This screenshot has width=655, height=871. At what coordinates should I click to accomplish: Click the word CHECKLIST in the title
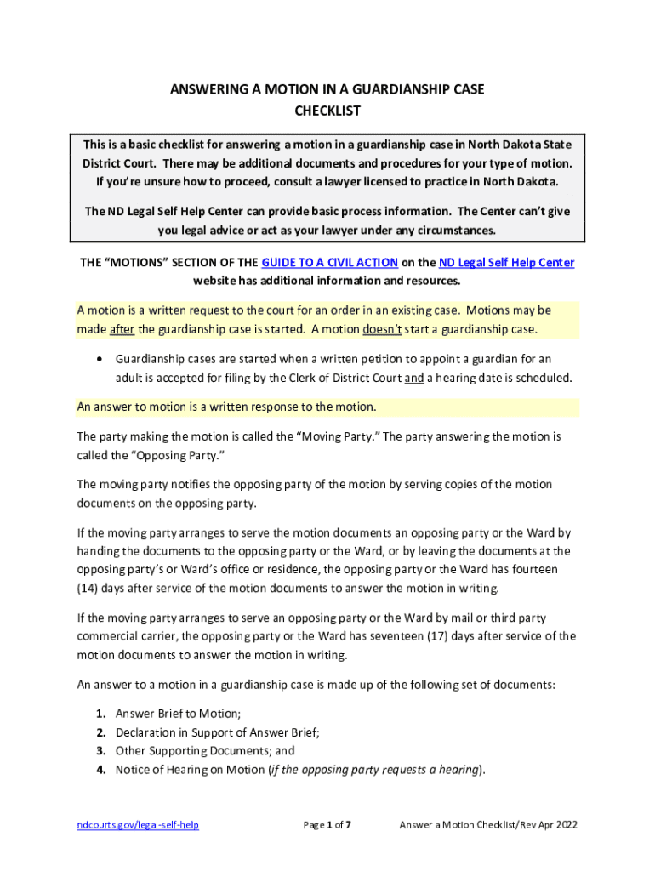pos(327,111)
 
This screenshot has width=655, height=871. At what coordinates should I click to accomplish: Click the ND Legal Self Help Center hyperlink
pos(506,263)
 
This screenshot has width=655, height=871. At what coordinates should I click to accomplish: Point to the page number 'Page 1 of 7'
pos(327,825)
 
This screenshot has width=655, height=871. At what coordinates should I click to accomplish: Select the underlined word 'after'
pos(122,329)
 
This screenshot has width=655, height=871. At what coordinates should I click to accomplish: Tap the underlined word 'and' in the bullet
pos(413,379)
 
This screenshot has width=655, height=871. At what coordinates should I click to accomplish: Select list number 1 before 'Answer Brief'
pos(100,714)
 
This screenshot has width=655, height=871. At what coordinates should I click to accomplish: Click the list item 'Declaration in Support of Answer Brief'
pos(217,732)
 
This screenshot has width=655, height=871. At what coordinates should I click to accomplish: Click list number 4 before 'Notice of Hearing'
pos(100,771)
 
